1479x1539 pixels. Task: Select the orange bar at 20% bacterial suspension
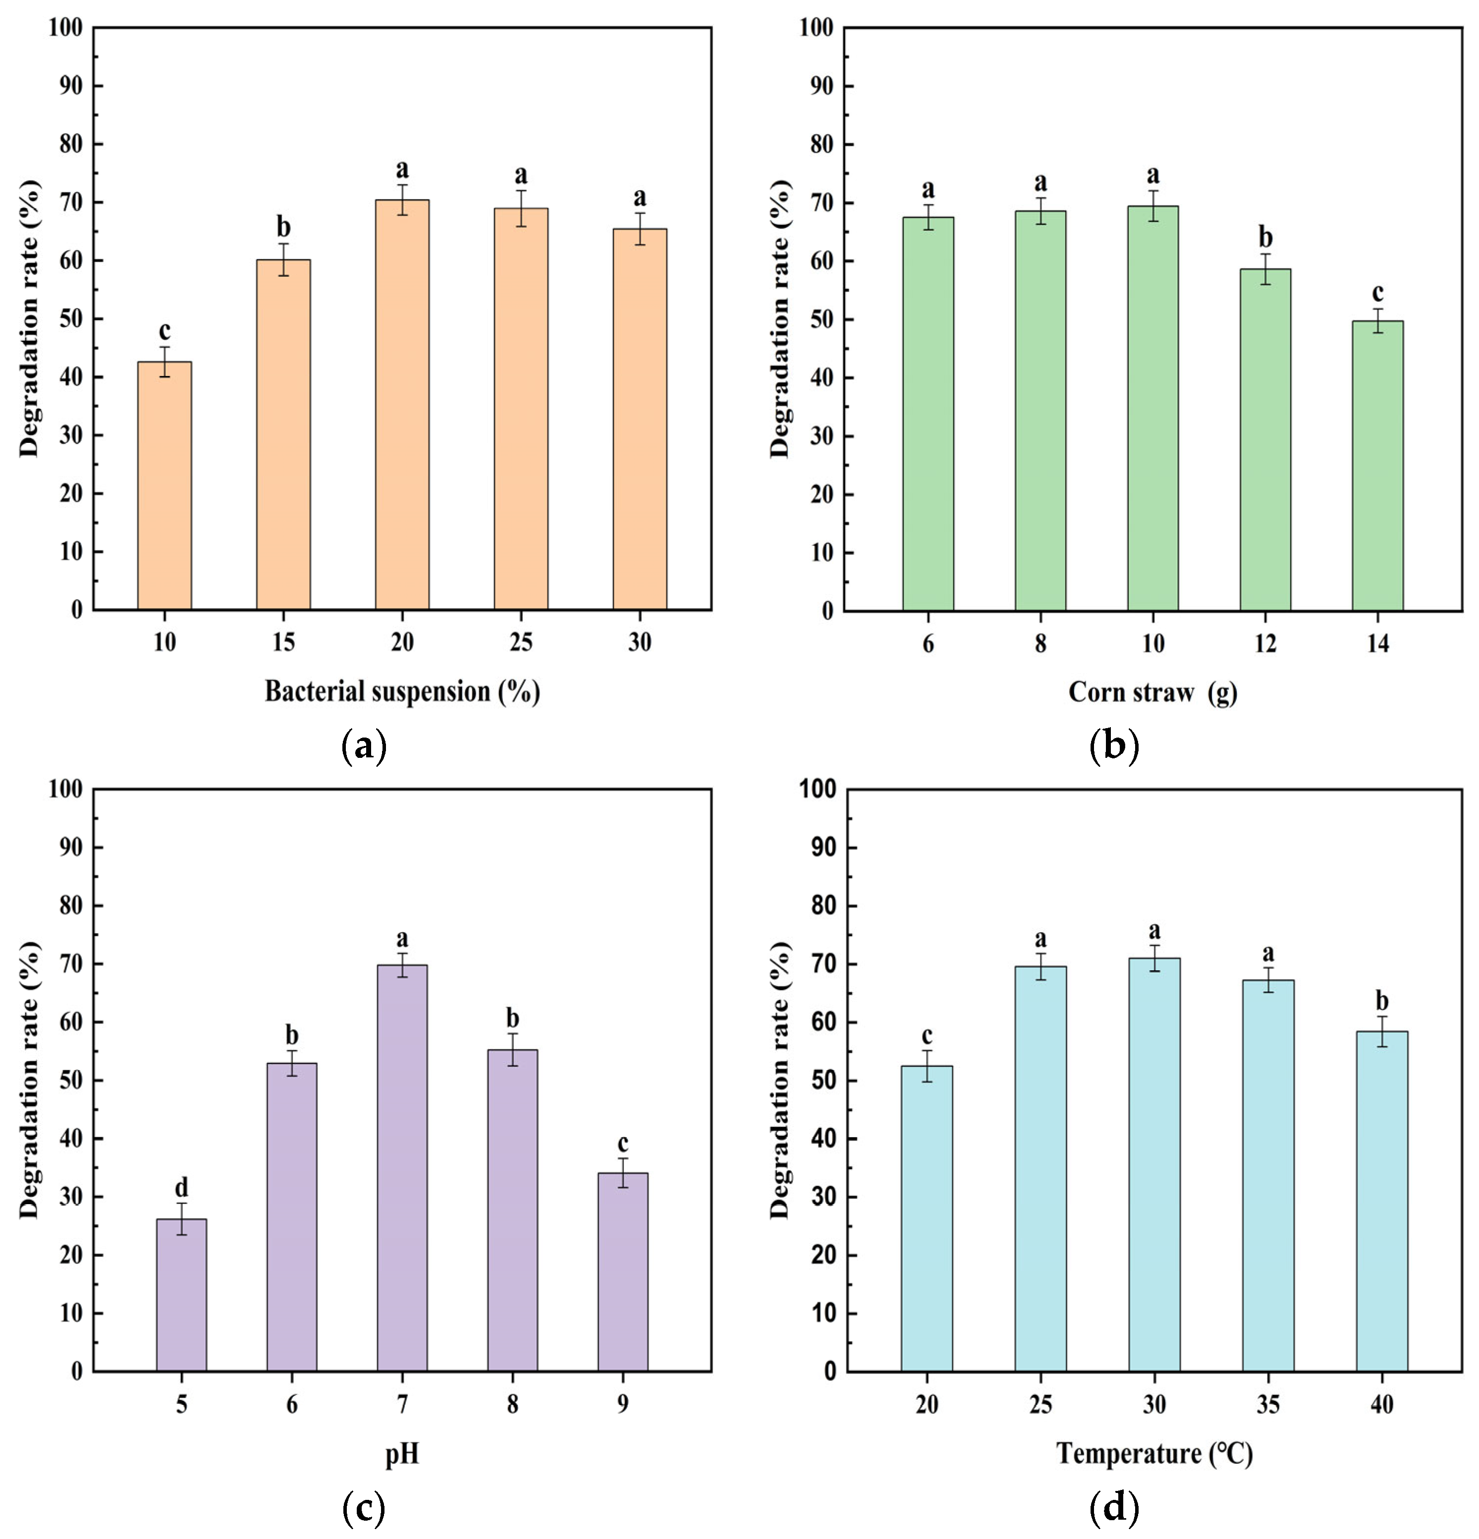pyautogui.click(x=402, y=404)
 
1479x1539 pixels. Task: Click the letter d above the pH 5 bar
pyautogui.click(x=181, y=1187)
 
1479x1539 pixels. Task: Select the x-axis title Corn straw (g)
pyautogui.click(x=1152, y=692)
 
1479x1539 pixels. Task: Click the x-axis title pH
pyautogui.click(x=402, y=1454)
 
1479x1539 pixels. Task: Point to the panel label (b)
pyautogui.click(x=1114, y=745)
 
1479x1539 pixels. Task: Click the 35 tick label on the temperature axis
pyautogui.click(x=1268, y=1404)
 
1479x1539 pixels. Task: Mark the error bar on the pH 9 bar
pyautogui.click(x=623, y=1172)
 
